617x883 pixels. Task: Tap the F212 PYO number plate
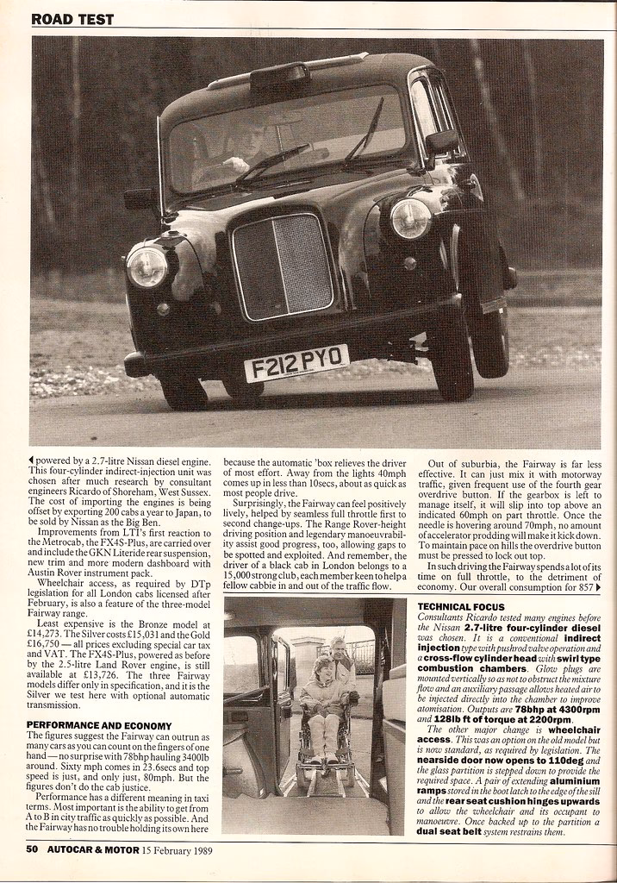click(296, 362)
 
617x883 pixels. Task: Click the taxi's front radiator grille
click(282, 265)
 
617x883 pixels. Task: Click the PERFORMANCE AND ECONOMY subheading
click(99, 725)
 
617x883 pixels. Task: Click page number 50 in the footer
click(31, 849)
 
